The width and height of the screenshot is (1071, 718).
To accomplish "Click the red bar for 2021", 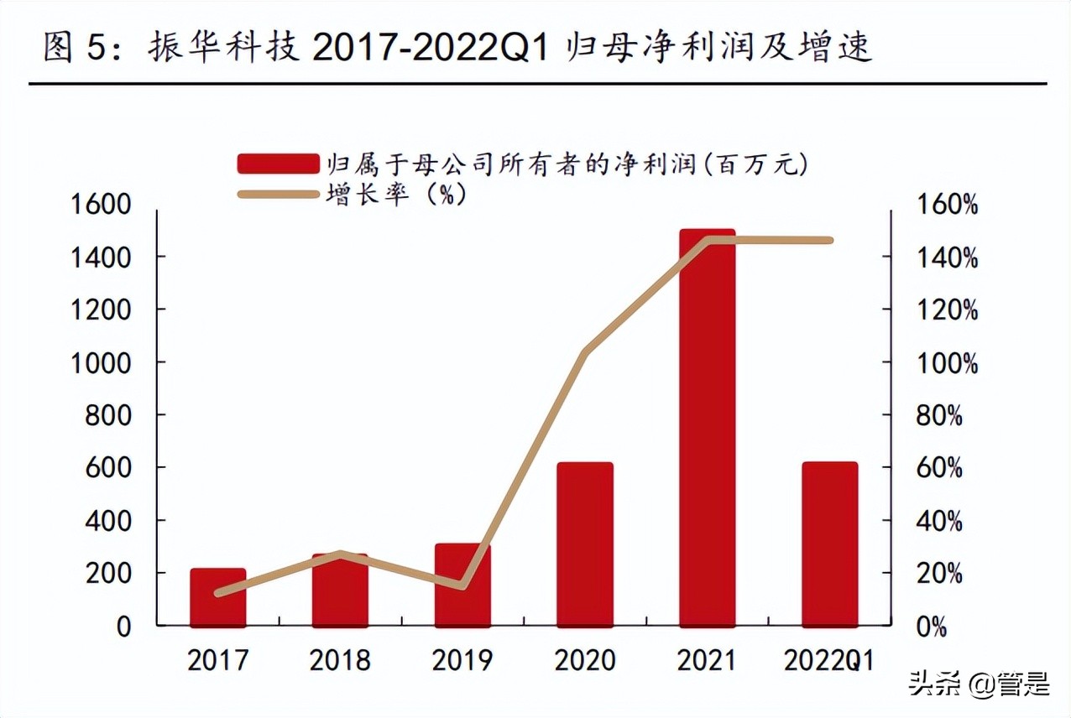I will (707, 428).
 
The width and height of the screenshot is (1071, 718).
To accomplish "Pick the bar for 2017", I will (217, 597).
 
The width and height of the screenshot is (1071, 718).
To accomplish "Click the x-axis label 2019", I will (462, 660).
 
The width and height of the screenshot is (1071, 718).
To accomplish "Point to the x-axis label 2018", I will (339, 660).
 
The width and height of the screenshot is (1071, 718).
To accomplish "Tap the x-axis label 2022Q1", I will (828, 660).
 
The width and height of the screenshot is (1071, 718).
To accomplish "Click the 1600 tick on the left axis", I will (101, 204).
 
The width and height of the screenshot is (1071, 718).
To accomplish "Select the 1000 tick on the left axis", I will (101, 362).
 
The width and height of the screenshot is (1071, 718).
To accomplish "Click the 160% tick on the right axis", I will (946, 204).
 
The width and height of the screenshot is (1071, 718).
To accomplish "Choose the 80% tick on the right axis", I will (938, 415).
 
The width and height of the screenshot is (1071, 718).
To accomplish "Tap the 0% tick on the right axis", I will (930, 627).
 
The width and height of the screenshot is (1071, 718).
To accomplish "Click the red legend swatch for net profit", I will (278, 163).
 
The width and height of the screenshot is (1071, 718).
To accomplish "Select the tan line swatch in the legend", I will (278, 195).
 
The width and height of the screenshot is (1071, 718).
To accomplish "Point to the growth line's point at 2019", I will (462, 585).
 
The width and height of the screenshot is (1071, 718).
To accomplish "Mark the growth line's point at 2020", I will (585, 351).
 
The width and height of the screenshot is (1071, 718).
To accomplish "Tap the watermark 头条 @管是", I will (979, 684).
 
